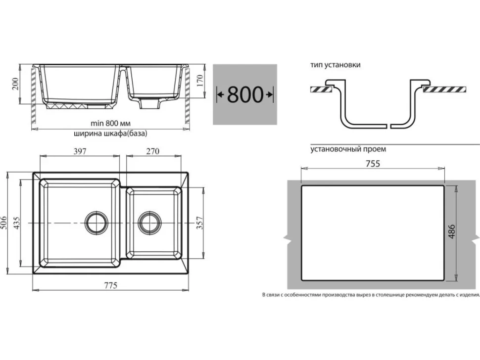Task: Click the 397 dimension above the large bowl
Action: [x=80, y=151]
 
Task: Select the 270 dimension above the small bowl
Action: [x=153, y=151]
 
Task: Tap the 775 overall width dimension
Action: [x=110, y=285]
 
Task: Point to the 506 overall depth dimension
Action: [x=3, y=223]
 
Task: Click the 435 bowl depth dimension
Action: [x=17, y=223]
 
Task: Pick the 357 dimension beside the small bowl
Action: [x=199, y=223]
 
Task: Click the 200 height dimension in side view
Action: [x=15, y=84]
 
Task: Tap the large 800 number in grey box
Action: [x=245, y=94]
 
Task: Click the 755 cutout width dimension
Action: [x=373, y=164]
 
